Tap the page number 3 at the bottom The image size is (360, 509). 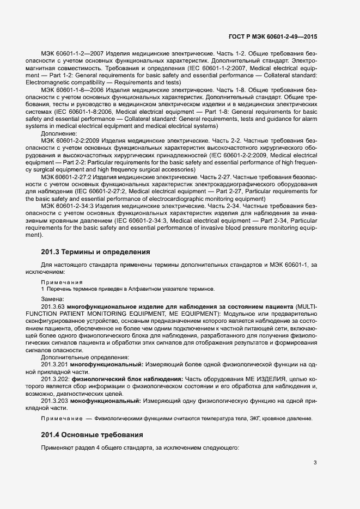[x=315, y=463]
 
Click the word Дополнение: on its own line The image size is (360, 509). [x=59, y=132]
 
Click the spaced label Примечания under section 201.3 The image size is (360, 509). [x=62, y=282]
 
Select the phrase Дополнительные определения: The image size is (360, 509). [x=77, y=356]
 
